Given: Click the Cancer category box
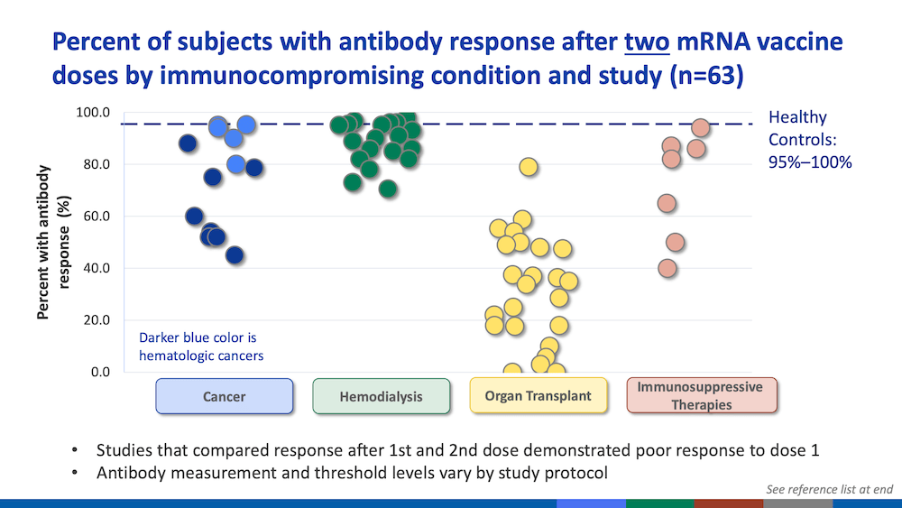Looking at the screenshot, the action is click(225, 396).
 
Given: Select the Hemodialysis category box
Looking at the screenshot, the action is click(381, 396).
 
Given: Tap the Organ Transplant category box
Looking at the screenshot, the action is click(538, 395).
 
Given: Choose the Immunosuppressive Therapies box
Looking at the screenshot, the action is click(701, 395).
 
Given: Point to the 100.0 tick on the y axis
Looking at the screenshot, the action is click(93, 112).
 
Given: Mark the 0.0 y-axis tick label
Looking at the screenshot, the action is click(100, 373).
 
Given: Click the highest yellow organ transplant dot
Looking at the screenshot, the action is click(528, 167).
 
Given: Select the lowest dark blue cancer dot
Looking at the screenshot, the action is click(235, 254).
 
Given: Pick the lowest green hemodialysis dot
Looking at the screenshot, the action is click(388, 188).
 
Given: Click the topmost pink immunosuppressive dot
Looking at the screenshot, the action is click(700, 128).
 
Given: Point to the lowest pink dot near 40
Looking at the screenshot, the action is click(667, 268).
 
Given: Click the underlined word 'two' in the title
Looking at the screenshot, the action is click(647, 42).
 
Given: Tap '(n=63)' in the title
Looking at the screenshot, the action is click(706, 76).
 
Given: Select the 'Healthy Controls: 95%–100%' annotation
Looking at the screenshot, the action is click(810, 140).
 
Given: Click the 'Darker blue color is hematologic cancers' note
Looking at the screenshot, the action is click(201, 346).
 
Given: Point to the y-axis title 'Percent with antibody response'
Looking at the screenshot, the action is click(53, 242).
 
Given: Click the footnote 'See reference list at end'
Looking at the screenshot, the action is click(829, 489).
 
